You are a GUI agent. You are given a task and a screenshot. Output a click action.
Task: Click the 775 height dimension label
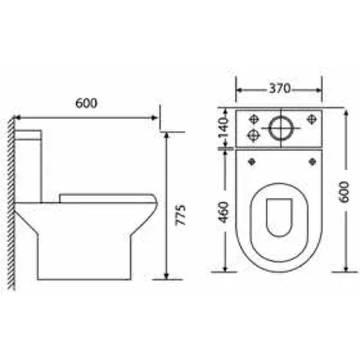[x=180, y=215]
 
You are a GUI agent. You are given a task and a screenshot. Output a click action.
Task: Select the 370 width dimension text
[x=280, y=88]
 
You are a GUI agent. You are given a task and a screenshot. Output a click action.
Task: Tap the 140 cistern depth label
[x=223, y=128]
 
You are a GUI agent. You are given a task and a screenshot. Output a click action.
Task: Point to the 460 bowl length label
[x=223, y=212]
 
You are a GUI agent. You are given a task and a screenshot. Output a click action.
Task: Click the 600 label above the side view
[x=86, y=103]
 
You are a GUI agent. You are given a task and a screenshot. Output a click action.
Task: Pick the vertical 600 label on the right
[x=344, y=192]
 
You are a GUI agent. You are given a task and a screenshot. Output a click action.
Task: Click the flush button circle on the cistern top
[x=281, y=128]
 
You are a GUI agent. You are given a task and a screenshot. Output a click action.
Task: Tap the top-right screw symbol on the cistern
[x=311, y=119]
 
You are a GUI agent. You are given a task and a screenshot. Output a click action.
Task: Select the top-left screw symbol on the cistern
[x=254, y=119]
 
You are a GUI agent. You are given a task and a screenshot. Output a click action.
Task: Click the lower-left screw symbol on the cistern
[x=253, y=135]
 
